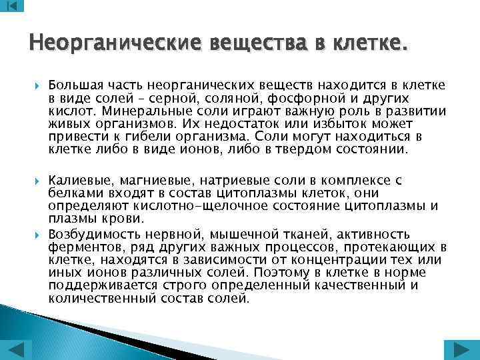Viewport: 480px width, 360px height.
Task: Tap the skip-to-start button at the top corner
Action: [x=12, y=7]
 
